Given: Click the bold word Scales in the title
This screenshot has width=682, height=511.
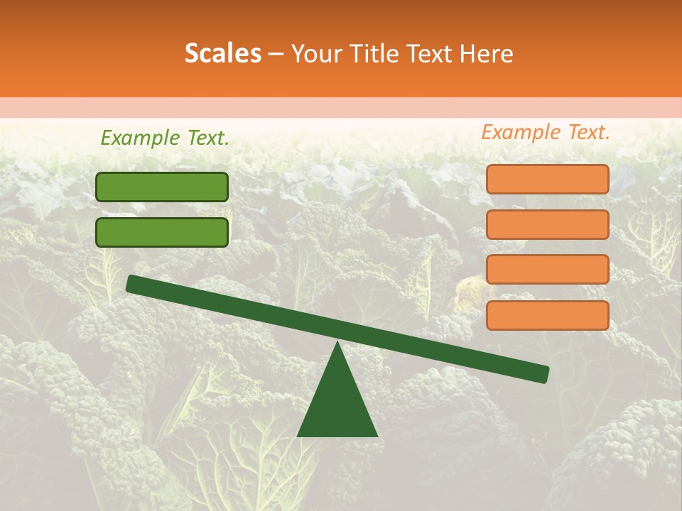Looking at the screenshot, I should pos(222,53).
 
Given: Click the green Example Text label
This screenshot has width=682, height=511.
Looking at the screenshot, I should pos(165,138).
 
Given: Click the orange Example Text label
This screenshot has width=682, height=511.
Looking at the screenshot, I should pos(546,132).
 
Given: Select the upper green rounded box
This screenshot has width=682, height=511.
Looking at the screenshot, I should pos(162,187).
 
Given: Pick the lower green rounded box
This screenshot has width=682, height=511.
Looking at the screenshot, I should pos(162,232).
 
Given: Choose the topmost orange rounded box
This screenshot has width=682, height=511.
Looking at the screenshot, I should pos(547,179).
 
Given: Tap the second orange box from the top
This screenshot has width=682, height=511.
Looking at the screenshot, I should pos(547,224).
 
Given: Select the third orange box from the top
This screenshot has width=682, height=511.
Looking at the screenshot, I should pos(547,270).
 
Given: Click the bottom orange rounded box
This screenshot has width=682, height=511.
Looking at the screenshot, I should pos(547,315).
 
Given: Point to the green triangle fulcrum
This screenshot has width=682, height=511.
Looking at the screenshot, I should pos(337,405).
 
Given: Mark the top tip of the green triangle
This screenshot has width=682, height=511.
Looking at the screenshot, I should pos(337,344).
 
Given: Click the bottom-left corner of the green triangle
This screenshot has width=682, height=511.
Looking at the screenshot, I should pos(298,435).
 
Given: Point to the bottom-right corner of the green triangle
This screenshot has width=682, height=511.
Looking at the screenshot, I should pos(377,435).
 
